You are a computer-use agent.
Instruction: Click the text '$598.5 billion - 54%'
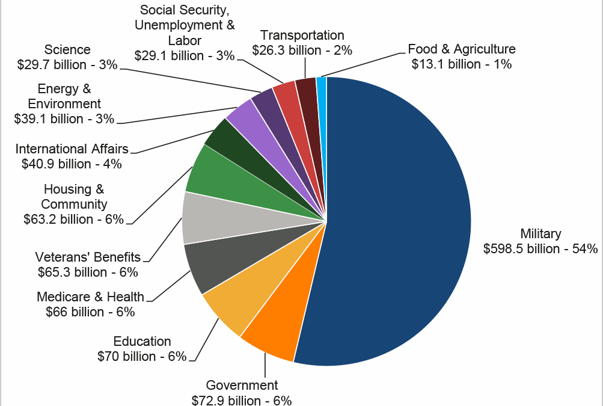pyautogui.click(x=540, y=248)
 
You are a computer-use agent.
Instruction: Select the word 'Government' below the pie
pyautogui.click(x=242, y=386)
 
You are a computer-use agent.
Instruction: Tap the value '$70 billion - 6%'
pyautogui.click(x=142, y=356)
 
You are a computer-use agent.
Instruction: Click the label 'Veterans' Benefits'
pyautogui.click(x=88, y=257)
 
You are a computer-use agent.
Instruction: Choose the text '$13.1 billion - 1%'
pyautogui.click(x=462, y=64)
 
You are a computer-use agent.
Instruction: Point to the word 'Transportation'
pyautogui.click(x=302, y=35)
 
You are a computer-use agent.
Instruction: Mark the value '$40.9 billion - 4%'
pyautogui.click(x=72, y=163)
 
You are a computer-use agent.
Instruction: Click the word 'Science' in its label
pyautogui.click(x=67, y=50)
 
